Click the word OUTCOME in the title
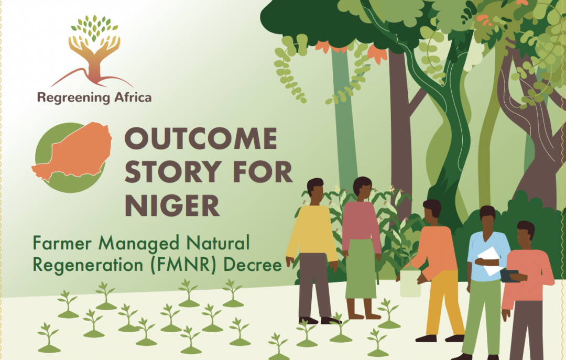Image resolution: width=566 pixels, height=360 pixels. pyautogui.click(x=201, y=139)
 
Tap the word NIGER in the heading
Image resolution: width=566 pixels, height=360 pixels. pyautogui.click(x=172, y=205)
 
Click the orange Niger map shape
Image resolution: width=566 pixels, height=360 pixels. pyautogui.click(x=72, y=150)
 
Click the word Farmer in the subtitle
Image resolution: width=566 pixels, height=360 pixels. pyautogui.click(x=62, y=243)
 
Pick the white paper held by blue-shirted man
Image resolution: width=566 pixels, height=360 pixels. pyautogui.click(x=491, y=261)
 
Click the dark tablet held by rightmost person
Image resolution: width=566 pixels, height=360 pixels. pyautogui.click(x=509, y=276)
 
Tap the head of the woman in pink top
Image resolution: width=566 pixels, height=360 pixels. pyautogui.click(x=362, y=189)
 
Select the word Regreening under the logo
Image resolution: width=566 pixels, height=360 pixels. pyautogui.click(x=73, y=98)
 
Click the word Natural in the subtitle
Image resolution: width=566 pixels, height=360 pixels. pyautogui.click(x=218, y=243)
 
